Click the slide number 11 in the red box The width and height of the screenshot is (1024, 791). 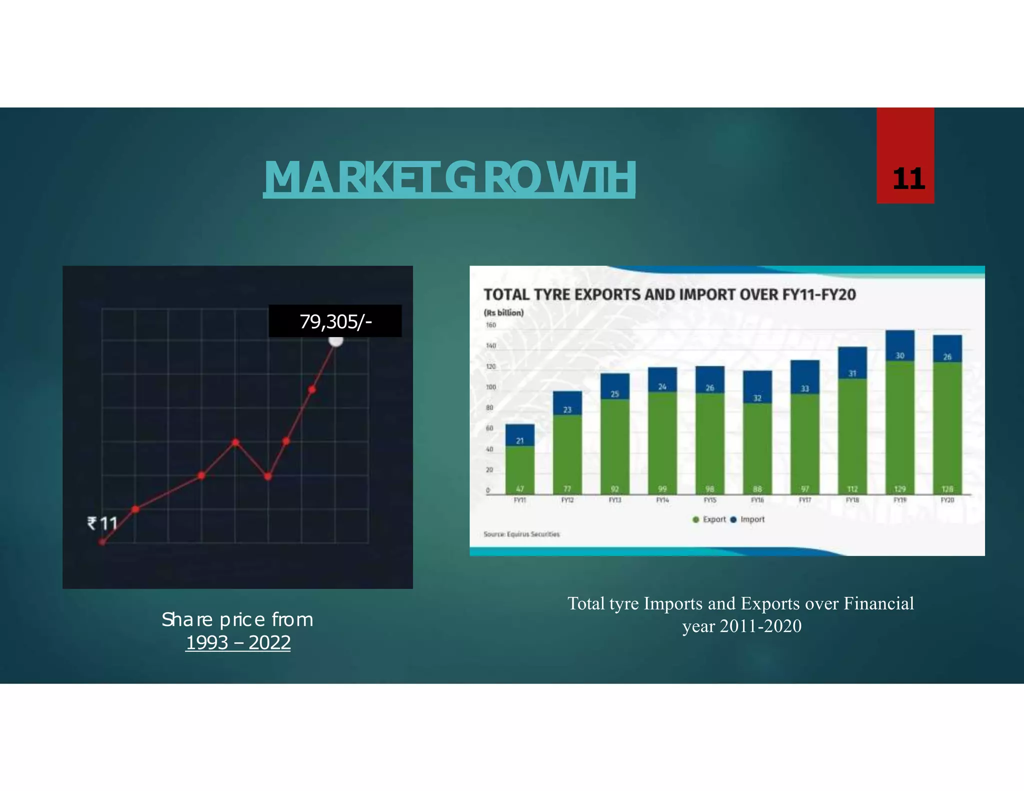tap(908, 178)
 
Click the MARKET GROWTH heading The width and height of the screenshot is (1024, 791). tap(449, 177)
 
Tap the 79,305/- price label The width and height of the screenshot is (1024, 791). tap(335, 321)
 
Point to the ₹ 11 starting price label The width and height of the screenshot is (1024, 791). tap(102, 523)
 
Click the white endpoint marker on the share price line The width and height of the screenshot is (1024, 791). tap(336, 340)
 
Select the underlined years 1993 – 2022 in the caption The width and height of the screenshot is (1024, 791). tap(238, 642)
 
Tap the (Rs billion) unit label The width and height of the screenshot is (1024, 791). tap(503, 312)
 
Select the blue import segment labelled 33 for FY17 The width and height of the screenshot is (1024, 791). tap(804, 377)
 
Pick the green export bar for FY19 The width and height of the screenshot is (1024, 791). tap(899, 425)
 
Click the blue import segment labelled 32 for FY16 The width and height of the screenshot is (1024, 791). tap(757, 387)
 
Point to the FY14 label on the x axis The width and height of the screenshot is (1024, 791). tap(662, 500)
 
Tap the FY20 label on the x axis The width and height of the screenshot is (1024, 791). tap(947, 500)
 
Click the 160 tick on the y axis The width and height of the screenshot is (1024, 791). tap(491, 325)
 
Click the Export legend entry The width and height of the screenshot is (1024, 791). tap(709, 519)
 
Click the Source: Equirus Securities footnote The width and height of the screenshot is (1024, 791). tap(521, 534)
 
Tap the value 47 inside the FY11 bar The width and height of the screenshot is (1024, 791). tap(520, 488)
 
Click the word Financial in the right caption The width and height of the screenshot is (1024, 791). tap(878, 603)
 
